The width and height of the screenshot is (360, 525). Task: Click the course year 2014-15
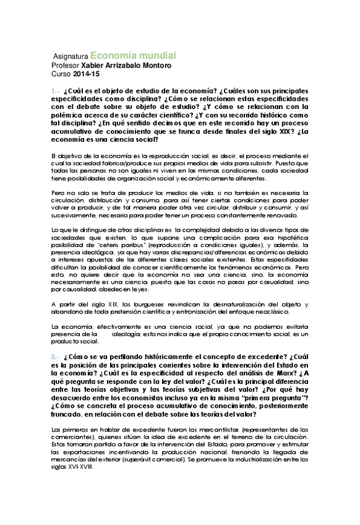tap(82, 74)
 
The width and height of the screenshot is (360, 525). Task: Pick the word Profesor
tap(66, 65)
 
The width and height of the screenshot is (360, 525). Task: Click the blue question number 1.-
tap(56, 90)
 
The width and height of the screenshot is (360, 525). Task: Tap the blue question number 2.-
tap(56, 357)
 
